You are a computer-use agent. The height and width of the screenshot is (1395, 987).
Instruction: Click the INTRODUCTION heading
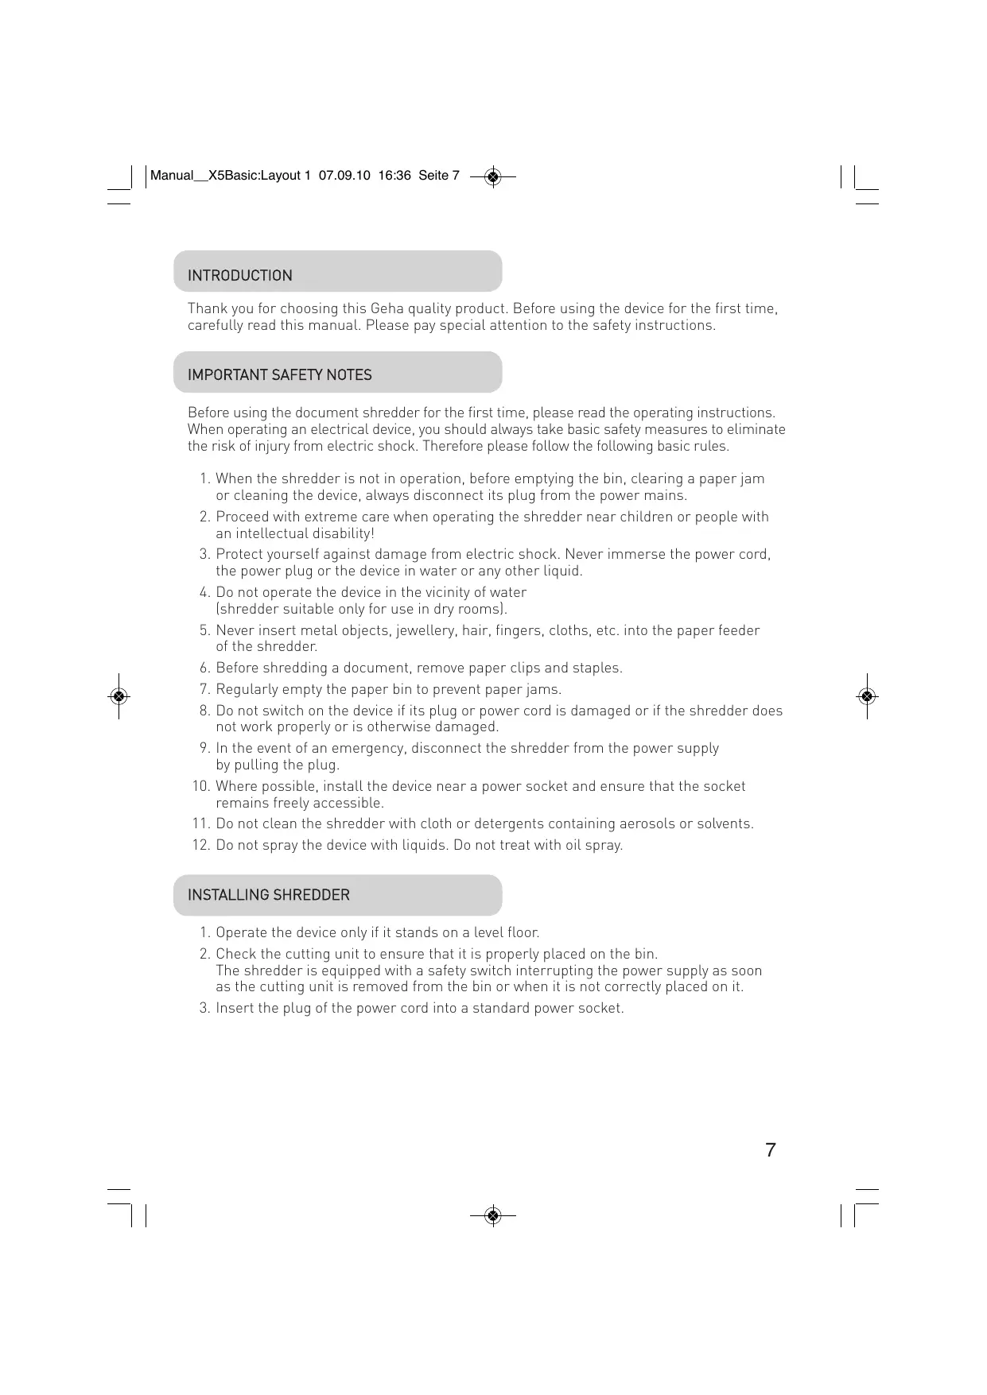(239, 276)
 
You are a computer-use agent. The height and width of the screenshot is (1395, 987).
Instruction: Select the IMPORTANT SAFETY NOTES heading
(279, 375)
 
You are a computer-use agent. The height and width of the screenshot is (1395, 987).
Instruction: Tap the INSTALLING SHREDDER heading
(268, 895)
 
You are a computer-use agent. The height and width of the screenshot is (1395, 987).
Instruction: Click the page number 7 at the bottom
(770, 1150)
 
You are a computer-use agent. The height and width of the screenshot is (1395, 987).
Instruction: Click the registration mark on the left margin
(119, 696)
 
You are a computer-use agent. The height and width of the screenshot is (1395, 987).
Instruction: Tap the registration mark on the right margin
(867, 696)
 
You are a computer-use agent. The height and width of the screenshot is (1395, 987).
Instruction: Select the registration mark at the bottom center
(493, 1215)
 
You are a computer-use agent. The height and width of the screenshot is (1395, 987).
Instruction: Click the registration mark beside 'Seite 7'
(493, 176)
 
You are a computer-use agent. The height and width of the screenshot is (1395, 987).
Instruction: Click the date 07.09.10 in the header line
(344, 176)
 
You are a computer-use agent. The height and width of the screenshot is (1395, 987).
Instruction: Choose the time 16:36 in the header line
(394, 176)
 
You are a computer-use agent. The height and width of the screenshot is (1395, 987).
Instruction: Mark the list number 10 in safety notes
(200, 786)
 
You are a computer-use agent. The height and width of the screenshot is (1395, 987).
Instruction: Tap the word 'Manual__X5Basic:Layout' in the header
(225, 176)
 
